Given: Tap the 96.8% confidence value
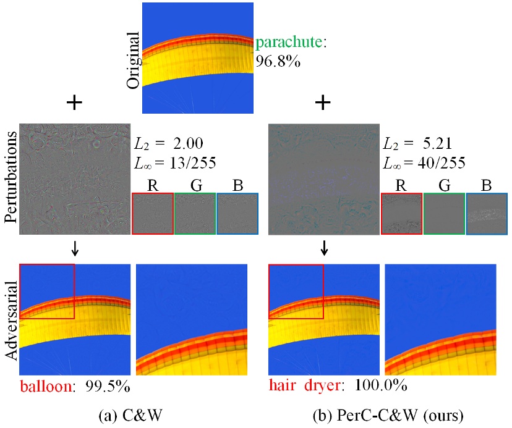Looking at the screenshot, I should coord(278,62).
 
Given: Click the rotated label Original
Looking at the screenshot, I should coord(132,62).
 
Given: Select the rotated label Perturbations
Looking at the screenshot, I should coord(9,180).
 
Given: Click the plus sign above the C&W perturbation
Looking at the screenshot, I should coord(74,103).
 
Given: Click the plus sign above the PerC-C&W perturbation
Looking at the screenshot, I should coord(322,103).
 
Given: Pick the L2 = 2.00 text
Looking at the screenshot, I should coord(169,144).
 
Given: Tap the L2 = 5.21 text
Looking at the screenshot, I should coord(417,144).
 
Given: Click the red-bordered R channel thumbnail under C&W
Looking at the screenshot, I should coord(153,214).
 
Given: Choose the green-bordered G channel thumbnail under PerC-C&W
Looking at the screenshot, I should coord(443,214).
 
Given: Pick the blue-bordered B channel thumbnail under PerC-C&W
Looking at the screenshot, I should coord(486,214).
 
